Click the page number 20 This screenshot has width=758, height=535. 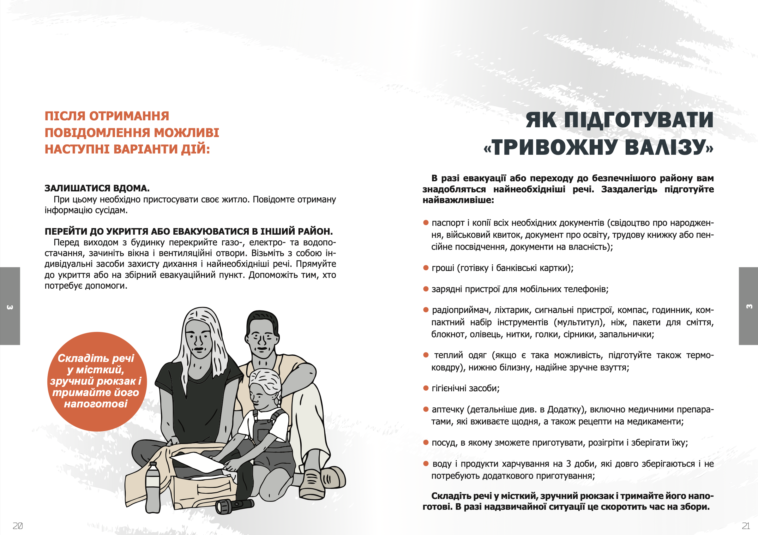tap(17, 526)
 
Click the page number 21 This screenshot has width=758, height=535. tap(746, 526)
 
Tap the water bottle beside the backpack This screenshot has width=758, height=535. tap(153, 487)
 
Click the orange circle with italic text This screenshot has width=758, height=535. tap(96, 381)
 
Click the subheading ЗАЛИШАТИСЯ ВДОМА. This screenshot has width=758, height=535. tap(97, 188)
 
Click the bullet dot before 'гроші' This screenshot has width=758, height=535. tap(425, 268)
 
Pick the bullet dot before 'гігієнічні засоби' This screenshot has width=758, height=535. tap(425, 388)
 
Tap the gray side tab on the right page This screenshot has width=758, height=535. tap(748, 306)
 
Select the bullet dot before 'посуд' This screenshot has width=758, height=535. tap(425, 442)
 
